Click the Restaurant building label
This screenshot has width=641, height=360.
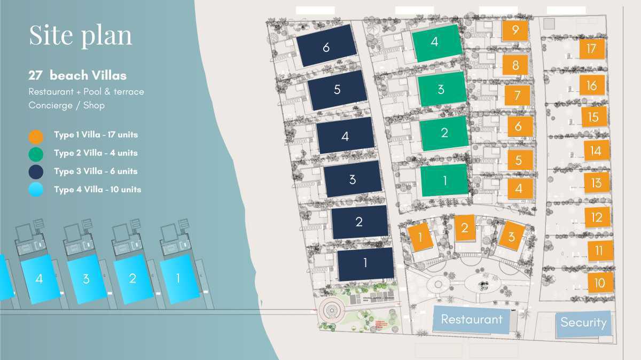point(471,319)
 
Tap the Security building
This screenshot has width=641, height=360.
point(583,323)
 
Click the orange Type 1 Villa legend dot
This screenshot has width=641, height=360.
point(36,136)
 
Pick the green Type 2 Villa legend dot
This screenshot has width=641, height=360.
point(36,154)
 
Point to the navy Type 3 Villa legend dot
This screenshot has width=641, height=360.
point(36,172)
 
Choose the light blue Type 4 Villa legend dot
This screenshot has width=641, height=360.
point(36,190)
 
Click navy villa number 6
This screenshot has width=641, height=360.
point(326,46)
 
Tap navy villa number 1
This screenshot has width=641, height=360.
point(365,263)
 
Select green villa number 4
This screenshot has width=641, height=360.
point(435,42)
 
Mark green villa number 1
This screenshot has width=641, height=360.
point(444,181)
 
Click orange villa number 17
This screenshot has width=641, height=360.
point(591,49)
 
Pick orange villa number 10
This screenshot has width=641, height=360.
point(599,283)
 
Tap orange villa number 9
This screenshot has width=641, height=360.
point(515,30)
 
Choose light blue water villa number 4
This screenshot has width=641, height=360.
point(39,279)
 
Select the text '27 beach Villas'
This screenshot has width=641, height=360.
point(77,75)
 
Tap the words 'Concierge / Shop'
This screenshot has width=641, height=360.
point(67,105)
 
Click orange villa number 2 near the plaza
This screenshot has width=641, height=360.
point(465,228)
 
